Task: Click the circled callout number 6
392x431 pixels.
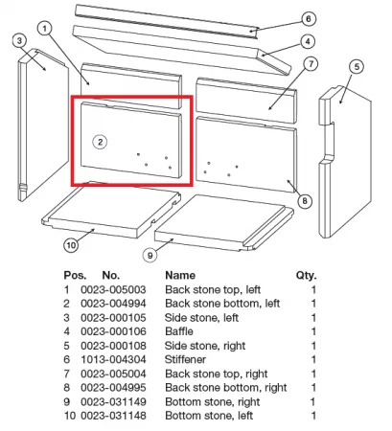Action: pyautogui.click(x=309, y=19)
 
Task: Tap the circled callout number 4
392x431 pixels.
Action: pyautogui.click(x=308, y=41)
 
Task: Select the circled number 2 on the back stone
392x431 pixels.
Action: pyautogui.click(x=100, y=142)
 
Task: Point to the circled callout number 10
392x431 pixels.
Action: pyautogui.click(x=71, y=245)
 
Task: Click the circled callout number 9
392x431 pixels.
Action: pyautogui.click(x=150, y=255)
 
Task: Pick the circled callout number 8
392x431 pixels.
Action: pyautogui.click(x=305, y=201)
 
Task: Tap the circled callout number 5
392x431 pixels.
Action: pyautogui.click(x=357, y=67)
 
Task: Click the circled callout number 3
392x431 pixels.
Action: pyautogui.click(x=20, y=41)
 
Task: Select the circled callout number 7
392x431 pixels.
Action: pyautogui.click(x=311, y=64)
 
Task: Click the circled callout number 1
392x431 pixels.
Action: pyautogui.click(x=45, y=29)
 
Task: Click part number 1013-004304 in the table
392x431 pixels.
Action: pyautogui.click(x=113, y=359)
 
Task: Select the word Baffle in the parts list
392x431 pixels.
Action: pyautogui.click(x=179, y=331)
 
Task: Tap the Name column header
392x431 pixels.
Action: pyautogui.click(x=180, y=275)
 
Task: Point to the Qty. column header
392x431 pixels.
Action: pyautogui.click(x=306, y=275)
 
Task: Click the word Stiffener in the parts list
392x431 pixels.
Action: pyautogui.click(x=185, y=359)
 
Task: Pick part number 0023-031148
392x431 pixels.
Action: pyautogui.click(x=113, y=416)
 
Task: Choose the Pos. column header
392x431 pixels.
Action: pyautogui.click(x=75, y=275)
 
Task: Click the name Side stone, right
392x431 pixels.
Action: pyautogui.click(x=205, y=346)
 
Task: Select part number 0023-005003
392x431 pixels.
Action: pyautogui.click(x=113, y=289)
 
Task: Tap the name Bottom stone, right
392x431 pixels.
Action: pyautogui.click(x=213, y=402)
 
